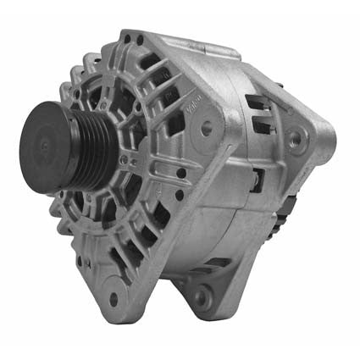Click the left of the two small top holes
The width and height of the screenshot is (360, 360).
[x=127, y=38]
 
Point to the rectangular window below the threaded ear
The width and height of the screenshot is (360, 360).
[x=255, y=179]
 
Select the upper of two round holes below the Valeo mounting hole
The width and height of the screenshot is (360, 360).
[x=181, y=173]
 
